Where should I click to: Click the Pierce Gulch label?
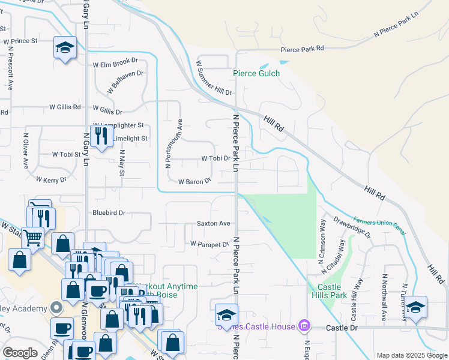coord(256,74)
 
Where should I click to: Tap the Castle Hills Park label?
coord(329,290)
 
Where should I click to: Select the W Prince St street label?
coord(20,41)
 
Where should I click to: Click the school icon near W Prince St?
coord(65,47)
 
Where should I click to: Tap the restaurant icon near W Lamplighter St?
coord(101,136)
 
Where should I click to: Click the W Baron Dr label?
coord(194,181)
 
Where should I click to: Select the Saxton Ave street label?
coord(214,223)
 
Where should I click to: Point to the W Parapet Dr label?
coord(210,244)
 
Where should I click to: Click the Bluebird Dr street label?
coord(109,212)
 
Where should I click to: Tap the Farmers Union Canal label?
coord(379,224)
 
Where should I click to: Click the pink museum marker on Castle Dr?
coord(305,326)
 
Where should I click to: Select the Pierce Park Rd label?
coord(303,49)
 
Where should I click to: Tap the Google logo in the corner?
coord(20,353)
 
